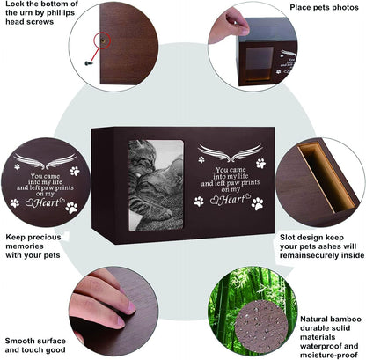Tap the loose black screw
(x=88, y=63)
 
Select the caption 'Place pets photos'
(x=324, y=8)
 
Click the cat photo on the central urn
(x=156, y=186)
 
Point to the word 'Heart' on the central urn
(x=232, y=200)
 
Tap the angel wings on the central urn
(x=231, y=153)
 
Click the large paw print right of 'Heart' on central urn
(x=258, y=203)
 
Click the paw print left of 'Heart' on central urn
(x=199, y=202)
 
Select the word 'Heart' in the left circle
(x=47, y=202)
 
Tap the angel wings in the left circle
(x=45, y=161)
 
